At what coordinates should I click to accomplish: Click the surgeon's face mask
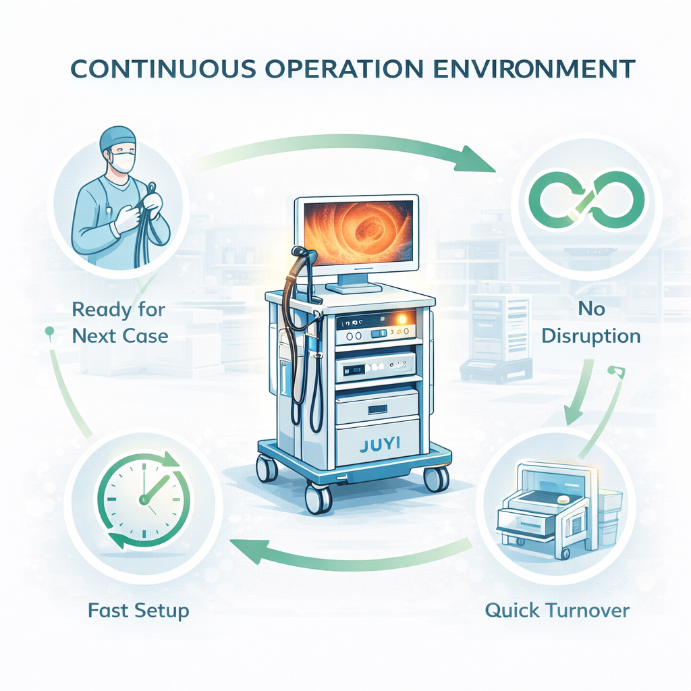pyautogui.click(x=123, y=163)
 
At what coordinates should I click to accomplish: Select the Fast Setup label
pyautogui.click(x=138, y=611)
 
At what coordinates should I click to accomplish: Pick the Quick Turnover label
pyautogui.click(x=557, y=611)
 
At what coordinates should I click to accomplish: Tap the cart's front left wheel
pyautogui.click(x=317, y=499)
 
